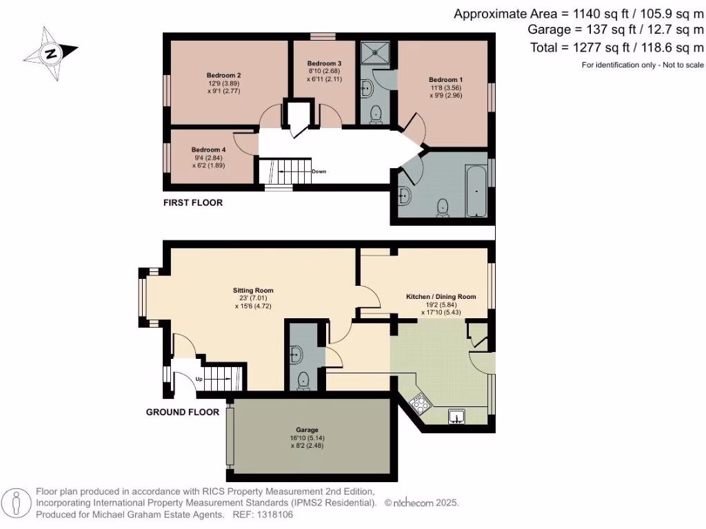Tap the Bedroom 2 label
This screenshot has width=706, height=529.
[223, 75]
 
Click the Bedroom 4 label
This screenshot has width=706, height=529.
[208, 149]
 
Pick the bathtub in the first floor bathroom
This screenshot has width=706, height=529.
[476, 190]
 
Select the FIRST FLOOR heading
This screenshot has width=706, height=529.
[192, 203]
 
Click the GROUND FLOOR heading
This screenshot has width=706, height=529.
[182, 412]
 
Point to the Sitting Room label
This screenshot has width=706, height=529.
[252, 290]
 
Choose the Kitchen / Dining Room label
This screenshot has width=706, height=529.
[441, 297]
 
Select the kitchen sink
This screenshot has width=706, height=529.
[458, 415]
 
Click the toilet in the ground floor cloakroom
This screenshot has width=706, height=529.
[303, 380]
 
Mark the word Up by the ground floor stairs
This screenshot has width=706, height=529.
[199, 380]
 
